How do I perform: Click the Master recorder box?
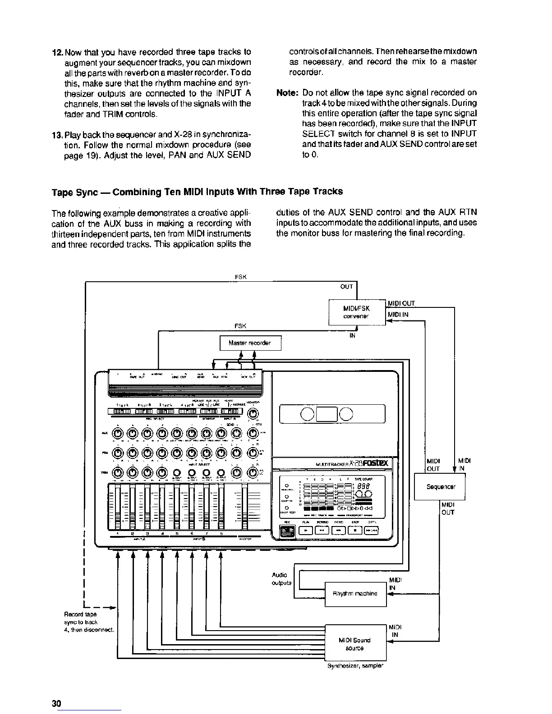click(x=250, y=343)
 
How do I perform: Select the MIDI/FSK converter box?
click(x=356, y=312)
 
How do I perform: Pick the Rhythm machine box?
click(x=355, y=594)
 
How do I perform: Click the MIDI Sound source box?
click(x=355, y=644)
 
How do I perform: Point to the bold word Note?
click(x=287, y=93)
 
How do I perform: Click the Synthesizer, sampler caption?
click(x=355, y=666)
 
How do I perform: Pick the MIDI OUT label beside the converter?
click(x=401, y=303)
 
